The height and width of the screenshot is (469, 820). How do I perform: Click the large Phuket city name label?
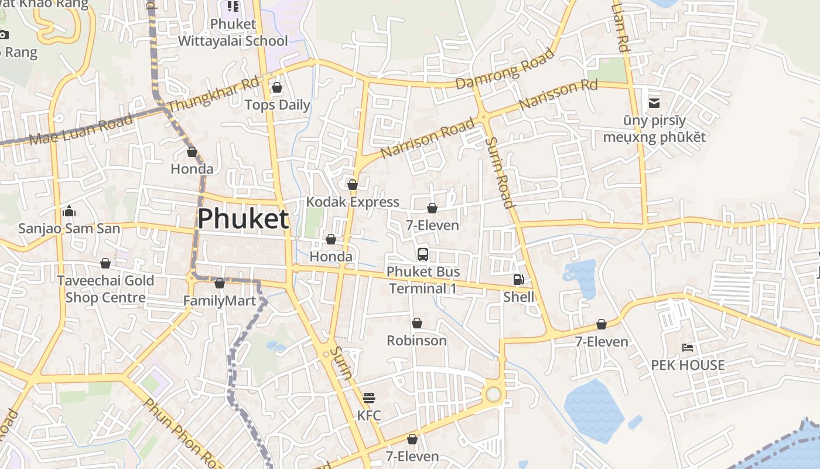tap(242, 219)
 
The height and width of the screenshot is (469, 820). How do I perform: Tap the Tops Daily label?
tap(277, 105)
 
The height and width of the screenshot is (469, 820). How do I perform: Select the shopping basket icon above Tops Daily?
tap(277, 88)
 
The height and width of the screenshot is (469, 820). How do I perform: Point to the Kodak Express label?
tap(353, 202)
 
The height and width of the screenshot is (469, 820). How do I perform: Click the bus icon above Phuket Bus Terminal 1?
tap(423, 254)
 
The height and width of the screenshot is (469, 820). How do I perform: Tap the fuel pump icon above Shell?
tap(518, 280)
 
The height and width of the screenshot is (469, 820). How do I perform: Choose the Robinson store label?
tap(416, 341)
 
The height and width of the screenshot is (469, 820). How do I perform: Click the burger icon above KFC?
tap(369, 398)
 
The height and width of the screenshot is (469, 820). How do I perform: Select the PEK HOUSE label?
tap(688, 365)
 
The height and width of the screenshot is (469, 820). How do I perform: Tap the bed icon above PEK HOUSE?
tap(688, 348)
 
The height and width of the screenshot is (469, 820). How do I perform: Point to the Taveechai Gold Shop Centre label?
tap(105, 289)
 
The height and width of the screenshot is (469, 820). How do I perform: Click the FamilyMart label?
tap(220, 301)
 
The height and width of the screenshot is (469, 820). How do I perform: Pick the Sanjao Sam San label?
tap(69, 228)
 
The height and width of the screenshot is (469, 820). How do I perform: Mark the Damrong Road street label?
tap(505, 69)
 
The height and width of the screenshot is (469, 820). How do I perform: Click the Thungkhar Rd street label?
tap(213, 94)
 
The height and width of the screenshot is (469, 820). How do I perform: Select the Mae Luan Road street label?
tap(81, 130)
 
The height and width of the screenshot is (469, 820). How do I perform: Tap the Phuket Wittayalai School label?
tap(233, 33)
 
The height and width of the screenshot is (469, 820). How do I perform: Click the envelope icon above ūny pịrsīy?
tap(654, 104)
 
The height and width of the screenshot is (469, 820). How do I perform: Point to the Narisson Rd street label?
tap(558, 94)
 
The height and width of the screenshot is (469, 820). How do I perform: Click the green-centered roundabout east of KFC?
tap(494, 394)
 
